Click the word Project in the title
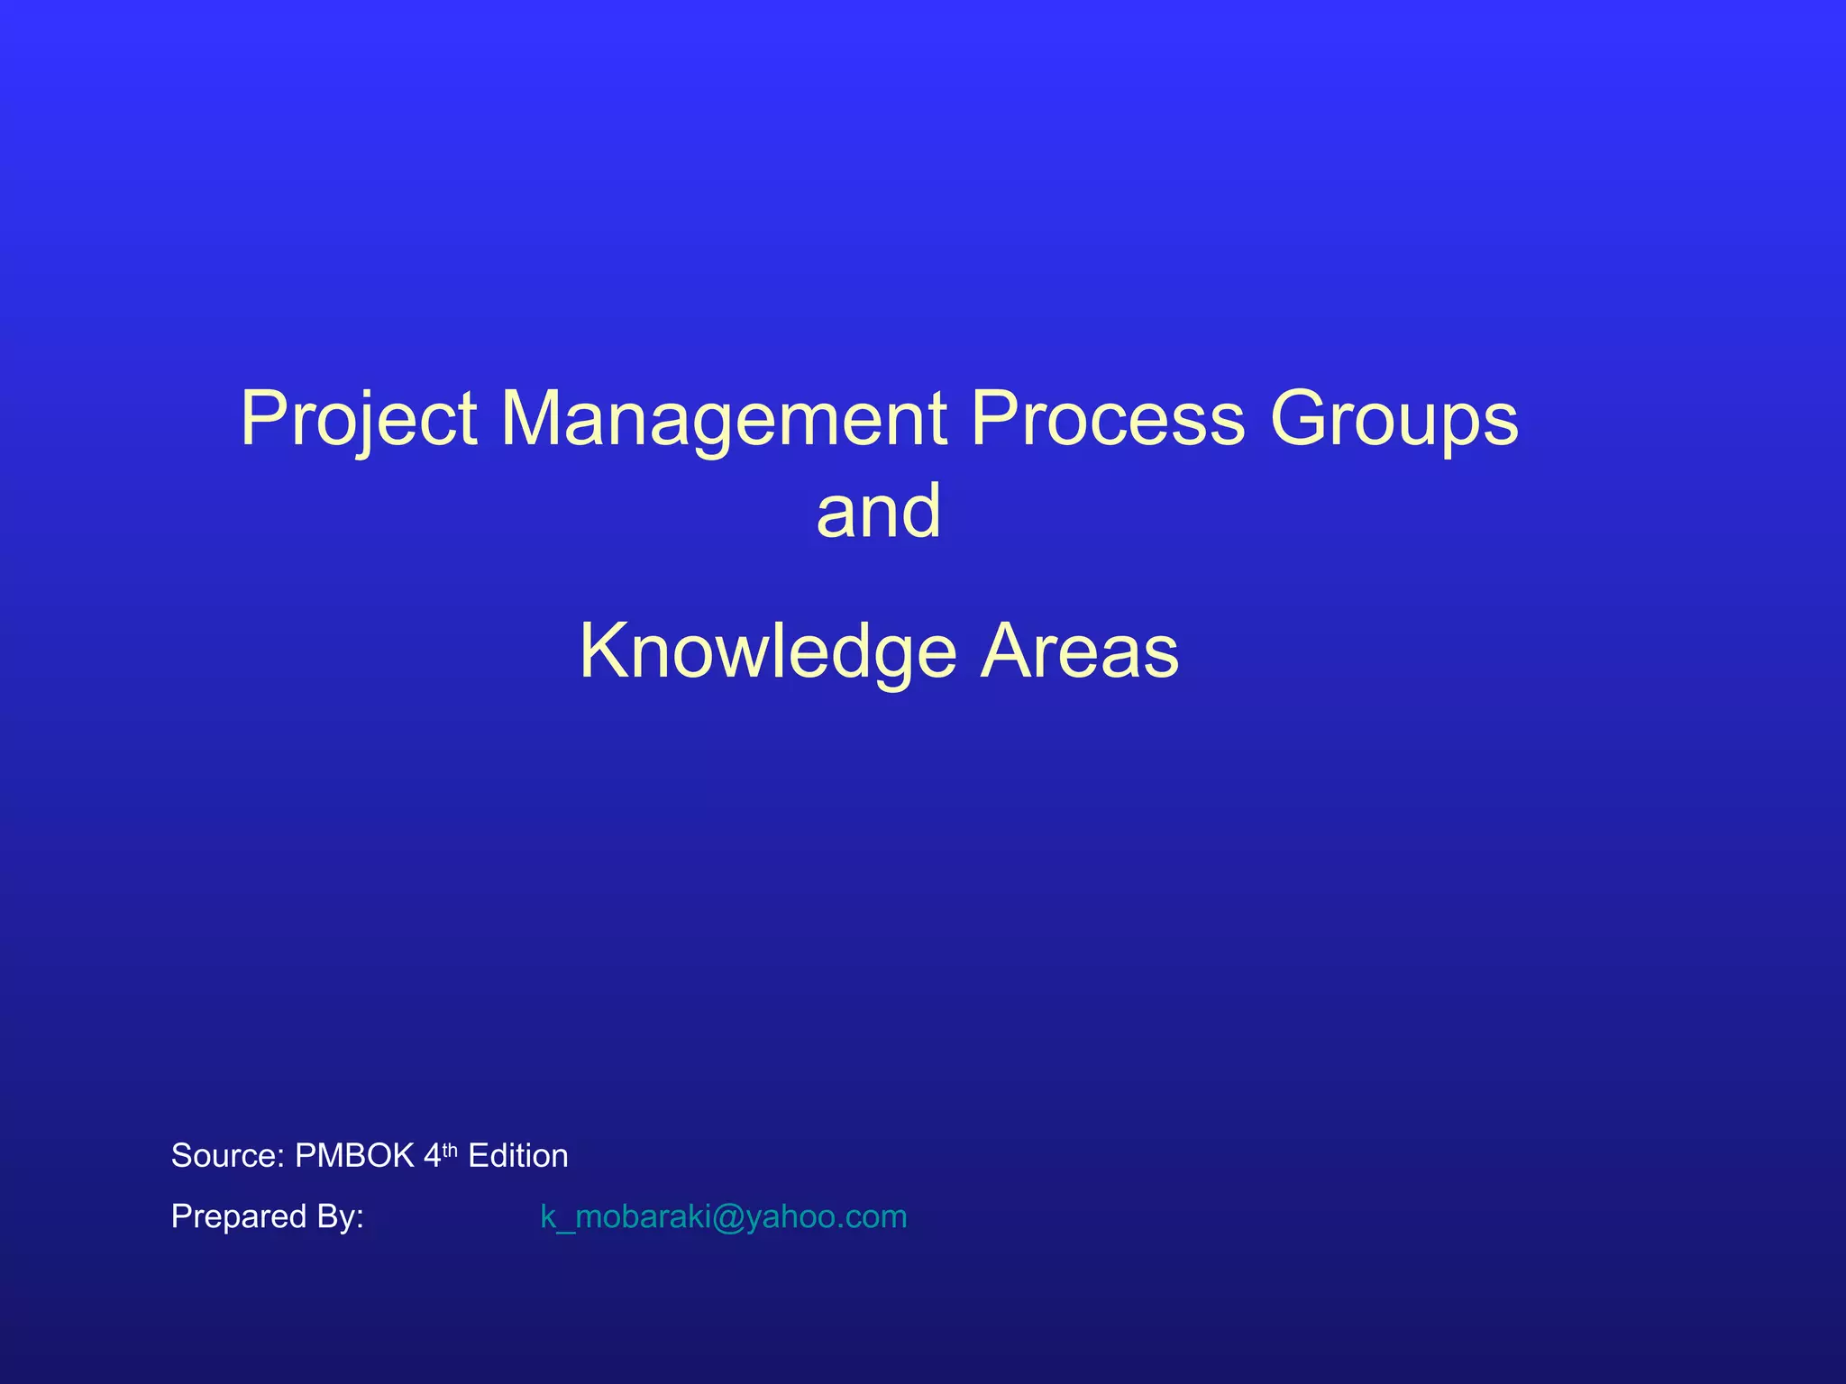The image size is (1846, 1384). pyautogui.click(x=359, y=420)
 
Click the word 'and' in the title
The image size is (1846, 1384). pyautogui.click(x=879, y=511)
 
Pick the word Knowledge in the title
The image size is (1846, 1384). pyautogui.click(x=768, y=651)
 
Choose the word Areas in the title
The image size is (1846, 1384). pyautogui.click(x=1080, y=651)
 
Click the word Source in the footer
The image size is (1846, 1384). pyautogui.click(x=227, y=1156)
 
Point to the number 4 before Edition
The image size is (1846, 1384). pyautogui.click(x=432, y=1156)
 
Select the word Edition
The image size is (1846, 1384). pyautogui.click(x=518, y=1156)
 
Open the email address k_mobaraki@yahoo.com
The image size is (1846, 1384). pyautogui.click(x=723, y=1216)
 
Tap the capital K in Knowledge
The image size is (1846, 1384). pyautogui.click(x=603, y=651)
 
